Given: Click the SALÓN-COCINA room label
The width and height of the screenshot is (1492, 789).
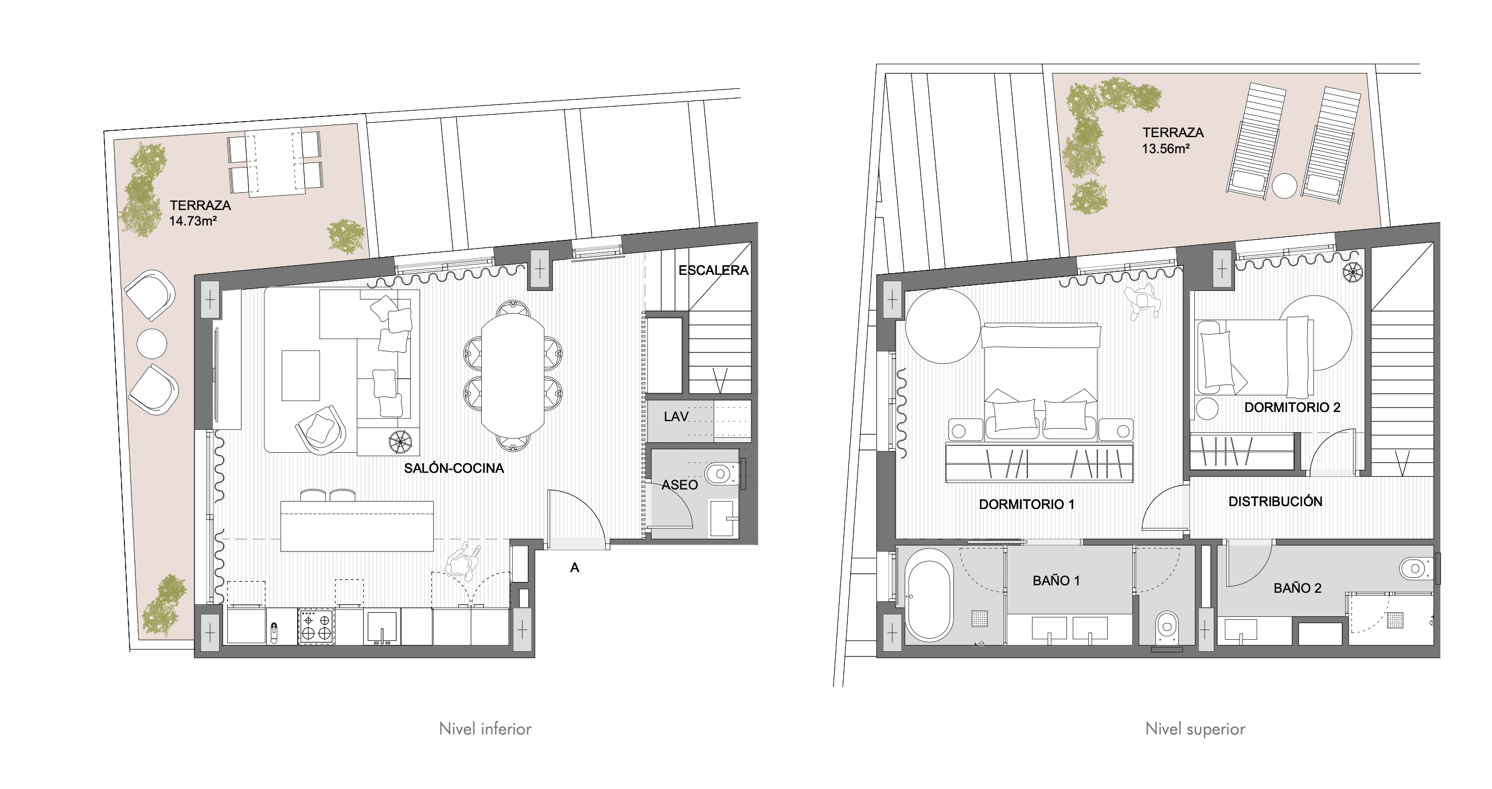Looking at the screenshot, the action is click(454, 468).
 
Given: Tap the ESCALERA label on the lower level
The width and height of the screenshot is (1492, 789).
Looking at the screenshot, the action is click(713, 270).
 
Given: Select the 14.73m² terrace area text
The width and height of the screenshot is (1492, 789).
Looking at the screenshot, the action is click(192, 221).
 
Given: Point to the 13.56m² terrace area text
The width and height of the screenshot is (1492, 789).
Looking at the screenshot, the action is click(1166, 148).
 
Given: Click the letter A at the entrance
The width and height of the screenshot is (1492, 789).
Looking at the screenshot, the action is click(575, 568).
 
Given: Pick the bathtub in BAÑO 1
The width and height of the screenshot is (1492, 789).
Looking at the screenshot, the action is click(929, 594).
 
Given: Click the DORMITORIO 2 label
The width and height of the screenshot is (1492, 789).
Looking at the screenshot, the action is click(1292, 407).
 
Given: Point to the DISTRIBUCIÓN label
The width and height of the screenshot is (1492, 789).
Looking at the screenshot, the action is click(1275, 501).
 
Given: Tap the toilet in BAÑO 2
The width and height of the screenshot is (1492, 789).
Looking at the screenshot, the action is click(1417, 569).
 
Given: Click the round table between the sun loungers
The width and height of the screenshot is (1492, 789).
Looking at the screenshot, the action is click(1285, 186).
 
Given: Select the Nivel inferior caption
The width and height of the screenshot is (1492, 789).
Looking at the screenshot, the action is click(485, 729).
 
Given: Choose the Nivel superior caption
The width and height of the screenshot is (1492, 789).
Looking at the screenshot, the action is click(1195, 729).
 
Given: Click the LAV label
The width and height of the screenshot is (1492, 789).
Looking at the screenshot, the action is click(676, 417).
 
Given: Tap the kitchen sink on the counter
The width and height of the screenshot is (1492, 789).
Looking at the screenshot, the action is click(382, 627).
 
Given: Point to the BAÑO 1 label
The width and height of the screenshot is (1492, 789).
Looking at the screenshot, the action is click(1057, 581).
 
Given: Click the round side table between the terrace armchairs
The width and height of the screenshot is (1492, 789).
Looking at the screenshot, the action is click(152, 344).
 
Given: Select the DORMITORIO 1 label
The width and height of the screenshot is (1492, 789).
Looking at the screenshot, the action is click(1026, 504).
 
